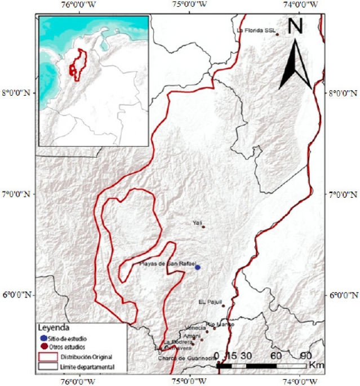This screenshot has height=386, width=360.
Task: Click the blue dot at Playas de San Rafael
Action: [197, 267]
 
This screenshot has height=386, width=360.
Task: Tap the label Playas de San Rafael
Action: [167, 264]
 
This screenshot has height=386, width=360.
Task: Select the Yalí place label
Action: [197, 223]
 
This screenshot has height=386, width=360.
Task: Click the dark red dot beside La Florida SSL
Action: [277, 34]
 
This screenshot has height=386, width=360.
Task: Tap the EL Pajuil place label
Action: [211, 302]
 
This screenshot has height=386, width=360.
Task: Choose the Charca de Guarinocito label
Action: [180, 357]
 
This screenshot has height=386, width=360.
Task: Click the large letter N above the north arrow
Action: [297, 26]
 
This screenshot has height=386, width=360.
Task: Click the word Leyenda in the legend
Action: [54, 327]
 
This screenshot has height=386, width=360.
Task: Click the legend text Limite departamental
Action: [87, 367]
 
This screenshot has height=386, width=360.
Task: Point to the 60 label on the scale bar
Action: [276, 356]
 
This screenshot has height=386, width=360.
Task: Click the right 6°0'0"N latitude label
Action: [343, 295]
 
